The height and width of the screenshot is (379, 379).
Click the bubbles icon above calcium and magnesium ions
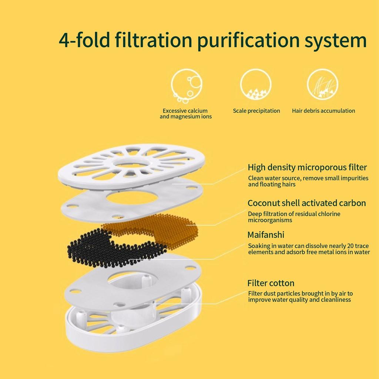[x=187, y=85]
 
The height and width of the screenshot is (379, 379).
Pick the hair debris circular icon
[x=322, y=84]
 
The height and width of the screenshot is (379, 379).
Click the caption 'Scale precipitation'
[x=256, y=111]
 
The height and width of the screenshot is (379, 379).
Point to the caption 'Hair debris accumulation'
[x=323, y=111]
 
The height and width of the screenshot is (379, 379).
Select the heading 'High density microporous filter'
[x=307, y=167]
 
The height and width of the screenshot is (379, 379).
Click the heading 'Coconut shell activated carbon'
[x=306, y=203]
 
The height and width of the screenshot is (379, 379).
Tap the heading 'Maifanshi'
[x=266, y=235]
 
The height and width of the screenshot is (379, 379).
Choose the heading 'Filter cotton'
[x=271, y=283]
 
